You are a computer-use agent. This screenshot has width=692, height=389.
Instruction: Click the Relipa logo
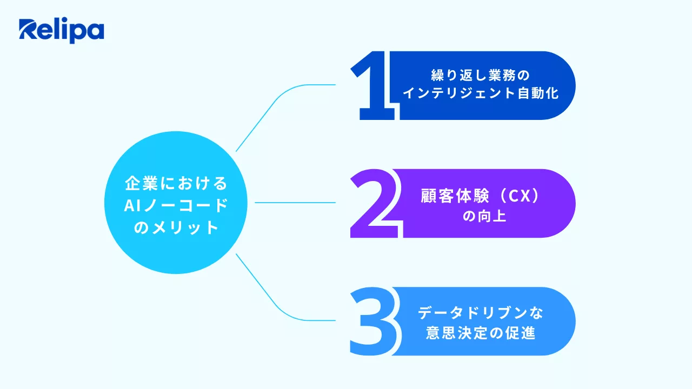click(61, 31)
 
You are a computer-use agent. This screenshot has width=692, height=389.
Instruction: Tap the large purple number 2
click(375, 204)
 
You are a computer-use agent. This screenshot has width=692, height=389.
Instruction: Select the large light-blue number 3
click(373, 321)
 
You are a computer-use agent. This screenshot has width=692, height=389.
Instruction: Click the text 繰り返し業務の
click(480, 75)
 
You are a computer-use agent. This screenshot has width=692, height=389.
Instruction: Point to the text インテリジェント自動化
click(480, 93)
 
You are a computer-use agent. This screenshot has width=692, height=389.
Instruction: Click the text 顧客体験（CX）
click(480, 196)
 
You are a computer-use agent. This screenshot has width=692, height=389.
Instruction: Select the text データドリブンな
click(480, 313)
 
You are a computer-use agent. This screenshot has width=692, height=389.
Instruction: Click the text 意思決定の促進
click(480, 333)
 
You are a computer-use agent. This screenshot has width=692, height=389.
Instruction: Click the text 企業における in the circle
click(176, 183)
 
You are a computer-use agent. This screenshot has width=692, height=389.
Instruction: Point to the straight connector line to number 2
click(295, 203)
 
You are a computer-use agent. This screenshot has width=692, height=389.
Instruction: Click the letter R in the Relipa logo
click(28, 31)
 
